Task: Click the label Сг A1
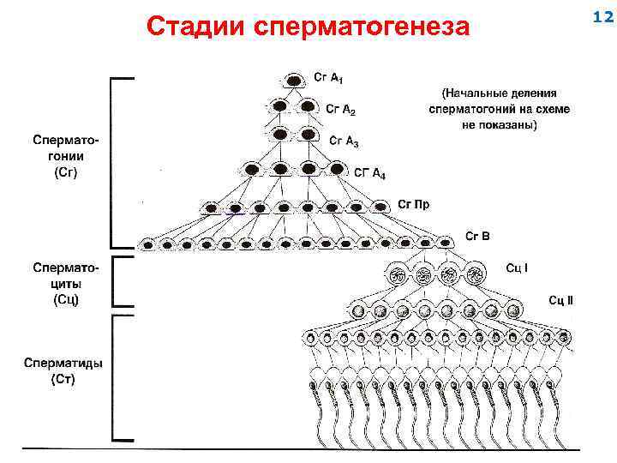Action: pyautogui.click(x=328, y=79)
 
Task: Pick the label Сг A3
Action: pyautogui.click(x=344, y=141)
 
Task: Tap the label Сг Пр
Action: pyautogui.click(x=413, y=204)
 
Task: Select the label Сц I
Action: pyautogui.click(x=517, y=268)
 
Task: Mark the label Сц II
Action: pyautogui.click(x=560, y=299)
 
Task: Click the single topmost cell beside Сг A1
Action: pyautogui.click(x=294, y=80)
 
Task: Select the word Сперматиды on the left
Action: pyautogui.click(x=63, y=362)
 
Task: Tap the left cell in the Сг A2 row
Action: pyautogui.click(x=280, y=107)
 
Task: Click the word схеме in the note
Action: pyautogui.click(x=553, y=109)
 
